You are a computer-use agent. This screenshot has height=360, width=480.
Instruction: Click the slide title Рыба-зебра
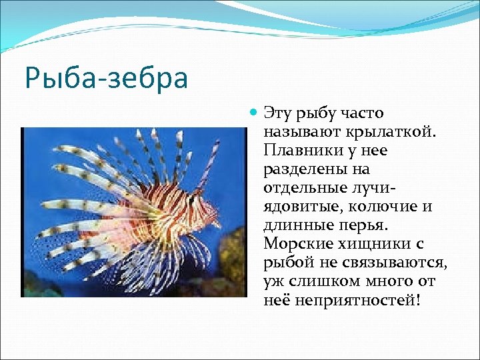pyautogui.click(x=107, y=78)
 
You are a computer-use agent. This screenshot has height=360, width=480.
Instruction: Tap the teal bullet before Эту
pyautogui.click(x=253, y=113)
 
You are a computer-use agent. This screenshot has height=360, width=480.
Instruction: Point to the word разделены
pyautogui.click(x=297, y=169)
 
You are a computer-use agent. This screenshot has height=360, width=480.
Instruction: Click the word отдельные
pyautogui.click(x=303, y=188)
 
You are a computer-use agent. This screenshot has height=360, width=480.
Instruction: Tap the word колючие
pyautogui.click(x=380, y=207)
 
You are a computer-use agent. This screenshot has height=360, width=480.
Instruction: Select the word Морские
pyautogui.click(x=293, y=244)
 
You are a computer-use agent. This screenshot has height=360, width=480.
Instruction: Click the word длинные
pyautogui.click(x=296, y=225)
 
